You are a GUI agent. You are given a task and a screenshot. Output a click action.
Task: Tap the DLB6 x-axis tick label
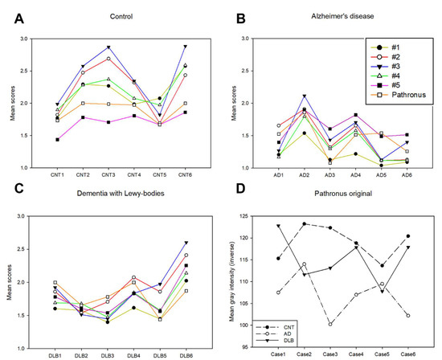pyautogui.click(x=186, y=351)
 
